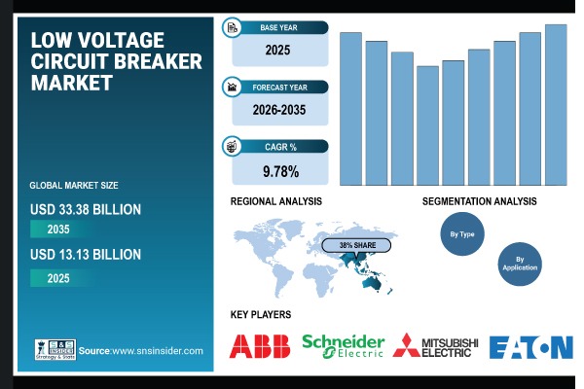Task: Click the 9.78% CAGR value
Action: (x=280, y=172)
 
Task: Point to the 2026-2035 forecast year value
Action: (x=280, y=111)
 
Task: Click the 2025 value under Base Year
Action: (x=280, y=49)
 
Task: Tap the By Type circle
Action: (x=460, y=234)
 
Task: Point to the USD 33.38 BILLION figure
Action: (x=86, y=208)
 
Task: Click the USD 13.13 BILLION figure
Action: (x=86, y=255)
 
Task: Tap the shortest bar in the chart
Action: (x=427, y=125)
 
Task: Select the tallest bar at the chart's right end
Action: (x=556, y=104)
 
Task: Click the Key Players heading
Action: (x=261, y=315)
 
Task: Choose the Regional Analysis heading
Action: (x=276, y=201)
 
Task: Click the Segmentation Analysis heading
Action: (x=479, y=201)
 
